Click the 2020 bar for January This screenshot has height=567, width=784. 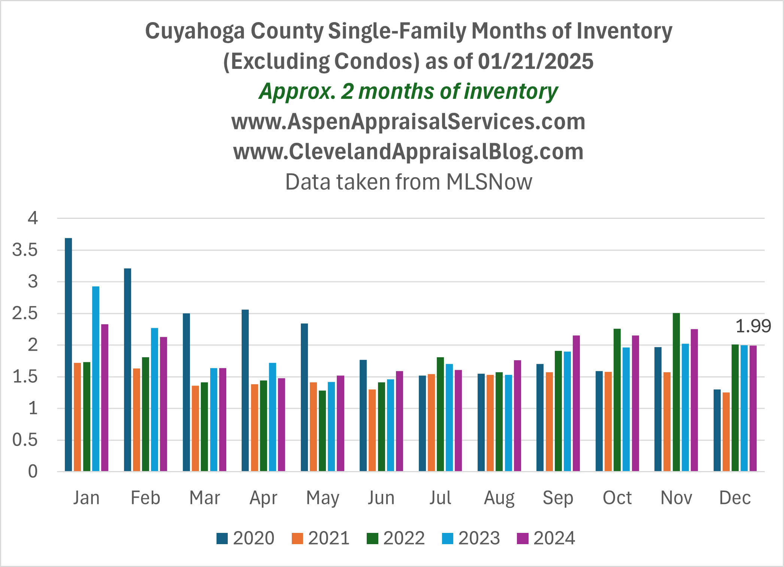[68, 355]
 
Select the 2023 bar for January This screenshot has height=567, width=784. [96, 378]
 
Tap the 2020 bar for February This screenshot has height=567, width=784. [127, 370]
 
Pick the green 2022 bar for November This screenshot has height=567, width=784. [676, 392]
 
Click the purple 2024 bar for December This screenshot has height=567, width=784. [753, 408]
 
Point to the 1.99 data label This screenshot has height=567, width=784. [753, 326]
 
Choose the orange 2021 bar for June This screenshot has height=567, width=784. [372, 430]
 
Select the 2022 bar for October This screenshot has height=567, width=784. [617, 400]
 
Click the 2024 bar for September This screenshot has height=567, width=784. [576, 403]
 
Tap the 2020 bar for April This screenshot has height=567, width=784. [245, 390]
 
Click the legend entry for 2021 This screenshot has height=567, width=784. [321, 538]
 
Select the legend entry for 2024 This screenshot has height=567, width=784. [546, 538]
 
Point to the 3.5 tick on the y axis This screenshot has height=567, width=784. [25, 250]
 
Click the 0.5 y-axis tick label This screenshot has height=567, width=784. [25, 440]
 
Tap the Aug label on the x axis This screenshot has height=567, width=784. [499, 498]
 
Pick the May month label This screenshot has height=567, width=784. [323, 498]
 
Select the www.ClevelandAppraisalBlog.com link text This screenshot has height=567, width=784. [408, 152]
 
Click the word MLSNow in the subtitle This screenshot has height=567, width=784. [489, 182]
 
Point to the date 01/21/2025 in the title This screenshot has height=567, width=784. [536, 61]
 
